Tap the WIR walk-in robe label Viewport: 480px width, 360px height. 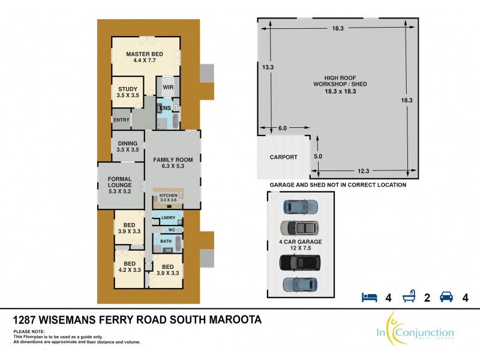[x=167, y=87]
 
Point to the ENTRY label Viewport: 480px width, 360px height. [x=121, y=119]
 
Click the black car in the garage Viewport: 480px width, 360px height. [x=299, y=263]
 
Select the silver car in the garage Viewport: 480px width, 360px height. [x=299, y=228]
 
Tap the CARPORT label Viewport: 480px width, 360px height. [x=283, y=157]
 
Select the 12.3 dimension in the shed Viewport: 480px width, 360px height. [x=361, y=172]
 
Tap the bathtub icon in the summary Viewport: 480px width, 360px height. [x=407, y=297]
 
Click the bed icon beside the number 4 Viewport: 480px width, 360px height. [x=368, y=297]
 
